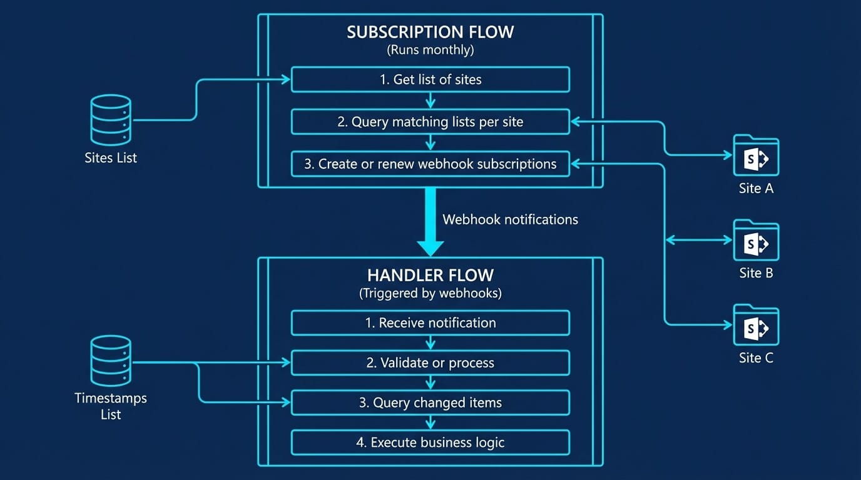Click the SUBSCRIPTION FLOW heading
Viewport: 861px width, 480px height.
point(430,32)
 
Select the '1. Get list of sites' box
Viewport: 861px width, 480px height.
point(430,80)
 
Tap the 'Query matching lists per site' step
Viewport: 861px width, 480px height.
point(430,122)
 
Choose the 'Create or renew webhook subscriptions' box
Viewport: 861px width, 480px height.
point(430,164)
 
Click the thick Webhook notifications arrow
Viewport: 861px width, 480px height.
point(430,222)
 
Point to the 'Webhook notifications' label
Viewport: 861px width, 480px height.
point(510,219)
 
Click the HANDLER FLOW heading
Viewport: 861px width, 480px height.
point(430,275)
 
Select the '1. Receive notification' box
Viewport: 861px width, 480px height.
point(430,323)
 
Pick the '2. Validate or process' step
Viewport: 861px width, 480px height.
point(430,363)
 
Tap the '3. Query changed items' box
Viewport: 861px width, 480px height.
point(430,403)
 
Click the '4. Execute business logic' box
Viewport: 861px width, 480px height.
point(430,443)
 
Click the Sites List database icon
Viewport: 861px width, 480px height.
point(111,120)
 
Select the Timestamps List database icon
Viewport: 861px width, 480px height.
point(111,361)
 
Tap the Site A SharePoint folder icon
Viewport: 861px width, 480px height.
point(756,156)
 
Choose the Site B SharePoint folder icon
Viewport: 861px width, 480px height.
point(756,241)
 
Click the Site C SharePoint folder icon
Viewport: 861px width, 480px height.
point(756,325)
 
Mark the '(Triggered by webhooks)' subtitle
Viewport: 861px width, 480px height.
point(430,293)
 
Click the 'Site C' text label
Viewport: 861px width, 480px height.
point(756,358)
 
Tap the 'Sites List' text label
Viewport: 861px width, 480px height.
point(111,158)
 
